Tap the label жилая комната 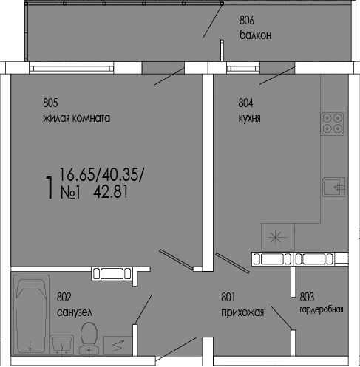click(76, 118)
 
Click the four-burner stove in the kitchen click(332, 123)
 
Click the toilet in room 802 click(89, 336)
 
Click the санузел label click(74, 312)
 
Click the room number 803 click(307, 298)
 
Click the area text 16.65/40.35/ click(101, 175)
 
